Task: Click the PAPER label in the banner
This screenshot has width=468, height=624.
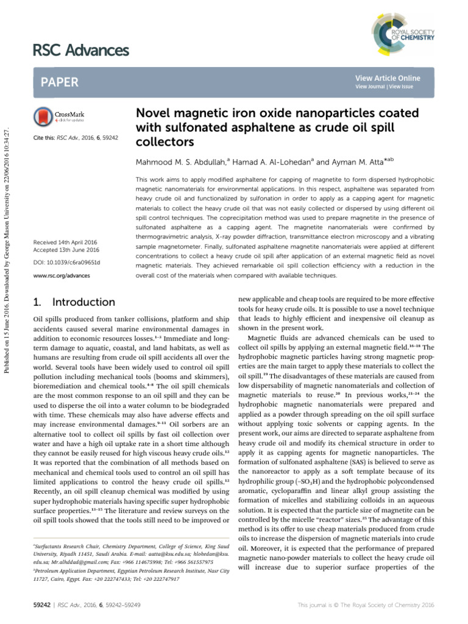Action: point(58,82)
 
